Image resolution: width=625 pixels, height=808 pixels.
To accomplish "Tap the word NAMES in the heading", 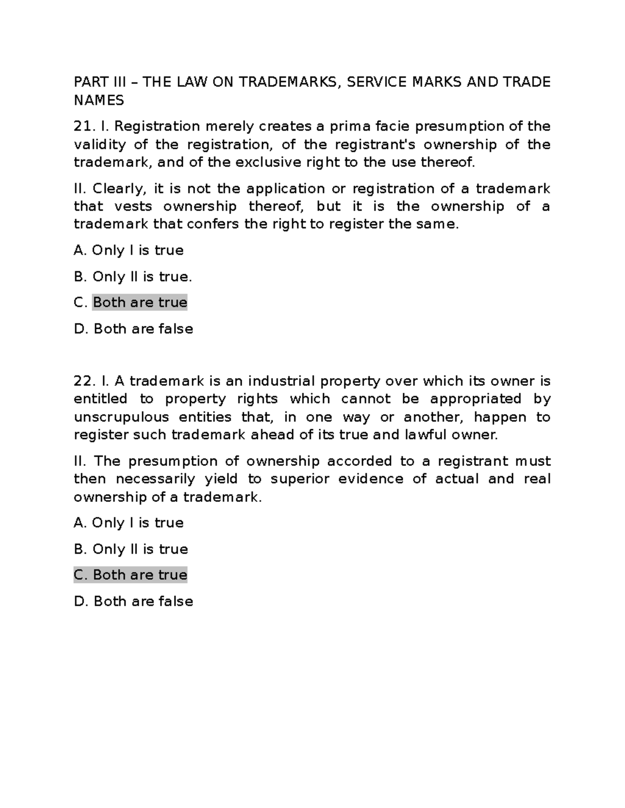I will pyautogui.click(x=99, y=100).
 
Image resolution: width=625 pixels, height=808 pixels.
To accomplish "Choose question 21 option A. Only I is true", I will pyautogui.click(x=129, y=251).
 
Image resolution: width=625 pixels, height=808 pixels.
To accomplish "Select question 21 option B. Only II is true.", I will pyautogui.click(x=133, y=277).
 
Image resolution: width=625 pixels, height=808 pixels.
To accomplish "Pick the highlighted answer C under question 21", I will pyautogui.click(x=139, y=303).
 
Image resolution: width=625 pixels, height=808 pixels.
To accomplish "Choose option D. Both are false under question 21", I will pyautogui.click(x=133, y=329).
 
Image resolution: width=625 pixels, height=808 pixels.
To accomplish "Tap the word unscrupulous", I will pyautogui.click(x=121, y=417).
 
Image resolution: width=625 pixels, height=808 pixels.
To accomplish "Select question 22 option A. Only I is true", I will pyautogui.click(x=129, y=523).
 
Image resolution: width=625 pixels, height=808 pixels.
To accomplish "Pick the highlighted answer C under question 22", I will pyautogui.click(x=130, y=575).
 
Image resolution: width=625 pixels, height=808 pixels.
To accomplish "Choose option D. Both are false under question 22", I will pyautogui.click(x=133, y=601).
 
